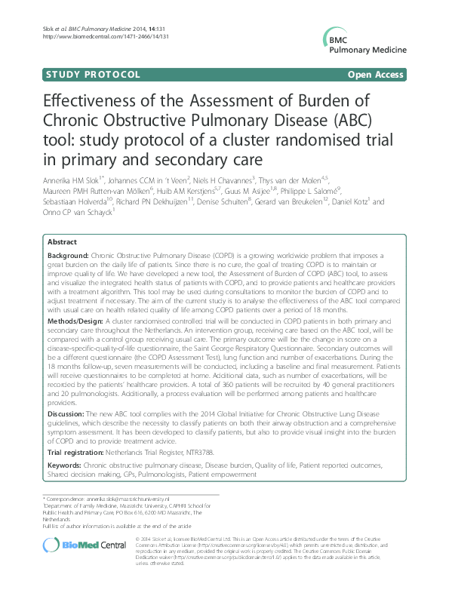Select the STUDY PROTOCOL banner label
pyautogui.click(x=93, y=75)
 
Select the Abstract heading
pyautogui.click(x=61, y=242)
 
